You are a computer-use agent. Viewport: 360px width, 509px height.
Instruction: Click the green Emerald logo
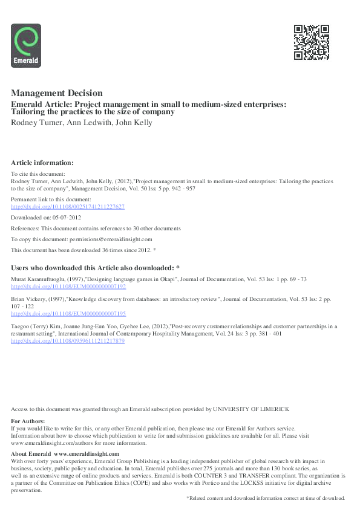point(26,45)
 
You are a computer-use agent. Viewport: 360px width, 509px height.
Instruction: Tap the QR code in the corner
point(311,42)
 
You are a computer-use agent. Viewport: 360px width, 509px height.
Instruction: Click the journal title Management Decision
point(57,93)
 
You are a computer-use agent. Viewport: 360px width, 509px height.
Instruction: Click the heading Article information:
point(42,163)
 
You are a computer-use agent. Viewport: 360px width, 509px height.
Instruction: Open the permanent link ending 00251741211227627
point(68,206)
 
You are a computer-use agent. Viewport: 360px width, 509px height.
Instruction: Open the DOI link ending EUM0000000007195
point(68,313)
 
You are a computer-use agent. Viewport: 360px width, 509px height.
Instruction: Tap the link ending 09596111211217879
point(68,341)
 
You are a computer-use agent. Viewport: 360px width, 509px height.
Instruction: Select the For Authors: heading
point(28,421)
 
